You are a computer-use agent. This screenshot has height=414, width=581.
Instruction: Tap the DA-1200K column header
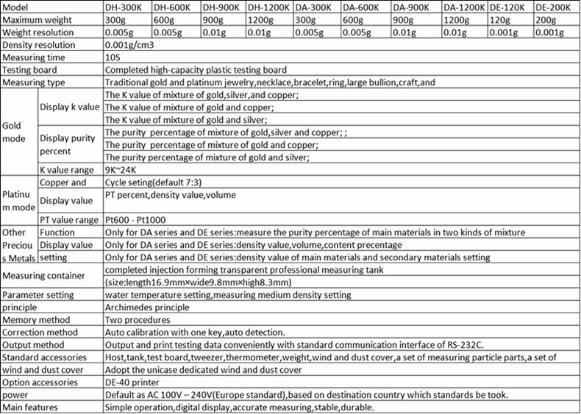[464, 7]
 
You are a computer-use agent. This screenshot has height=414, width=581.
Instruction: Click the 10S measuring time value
[113, 57]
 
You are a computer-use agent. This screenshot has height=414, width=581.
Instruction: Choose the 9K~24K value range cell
[123, 169]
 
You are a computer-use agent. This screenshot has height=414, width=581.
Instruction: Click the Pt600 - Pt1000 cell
[136, 219]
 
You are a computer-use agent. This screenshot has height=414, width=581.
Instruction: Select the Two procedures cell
[138, 320]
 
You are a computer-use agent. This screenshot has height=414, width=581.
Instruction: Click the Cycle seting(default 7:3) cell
[153, 182]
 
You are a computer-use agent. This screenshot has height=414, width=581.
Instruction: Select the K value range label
[68, 169]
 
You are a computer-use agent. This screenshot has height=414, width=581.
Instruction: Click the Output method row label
[34, 345]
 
